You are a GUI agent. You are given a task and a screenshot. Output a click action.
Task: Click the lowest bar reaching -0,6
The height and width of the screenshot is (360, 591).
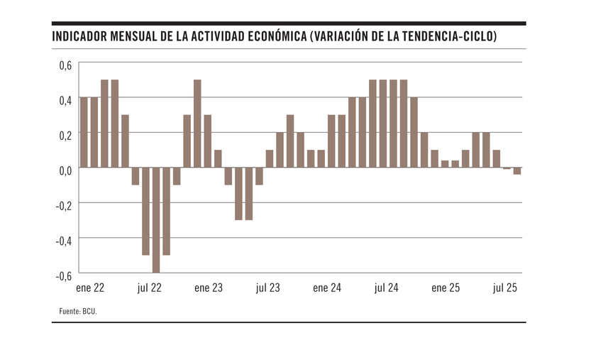(x=156, y=220)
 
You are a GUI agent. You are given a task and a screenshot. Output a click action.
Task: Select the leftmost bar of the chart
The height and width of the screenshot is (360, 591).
(x=84, y=132)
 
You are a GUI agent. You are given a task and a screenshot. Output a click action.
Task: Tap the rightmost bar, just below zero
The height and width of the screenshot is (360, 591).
(x=517, y=171)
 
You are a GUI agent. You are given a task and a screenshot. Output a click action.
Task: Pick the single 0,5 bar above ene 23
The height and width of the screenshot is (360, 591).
(x=197, y=124)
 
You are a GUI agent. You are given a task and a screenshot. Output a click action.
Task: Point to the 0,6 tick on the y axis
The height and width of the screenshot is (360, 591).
(x=65, y=65)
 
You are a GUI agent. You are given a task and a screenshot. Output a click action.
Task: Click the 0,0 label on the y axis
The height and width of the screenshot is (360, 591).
(x=65, y=170)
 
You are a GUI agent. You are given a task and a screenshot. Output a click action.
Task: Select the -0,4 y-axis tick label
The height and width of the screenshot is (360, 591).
(x=64, y=240)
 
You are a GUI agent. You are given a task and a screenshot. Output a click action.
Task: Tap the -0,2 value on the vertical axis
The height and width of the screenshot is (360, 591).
(x=64, y=204)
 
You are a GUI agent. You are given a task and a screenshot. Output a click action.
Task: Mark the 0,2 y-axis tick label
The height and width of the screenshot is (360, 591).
(x=65, y=135)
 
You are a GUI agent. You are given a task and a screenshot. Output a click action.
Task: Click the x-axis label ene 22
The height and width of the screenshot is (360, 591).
(x=90, y=288)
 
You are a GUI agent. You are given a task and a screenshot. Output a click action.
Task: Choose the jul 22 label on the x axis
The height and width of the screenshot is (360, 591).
(x=150, y=288)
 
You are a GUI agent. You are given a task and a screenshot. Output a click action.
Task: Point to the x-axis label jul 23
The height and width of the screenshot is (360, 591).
(x=267, y=288)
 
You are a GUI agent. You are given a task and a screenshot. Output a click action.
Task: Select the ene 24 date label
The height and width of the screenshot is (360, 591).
(x=326, y=288)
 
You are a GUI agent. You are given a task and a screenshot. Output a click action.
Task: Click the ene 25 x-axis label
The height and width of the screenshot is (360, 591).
(x=446, y=288)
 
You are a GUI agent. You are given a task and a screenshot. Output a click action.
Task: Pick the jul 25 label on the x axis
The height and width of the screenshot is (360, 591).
(x=504, y=288)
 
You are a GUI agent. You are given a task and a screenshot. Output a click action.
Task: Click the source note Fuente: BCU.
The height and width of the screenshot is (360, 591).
(x=77, y=311)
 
